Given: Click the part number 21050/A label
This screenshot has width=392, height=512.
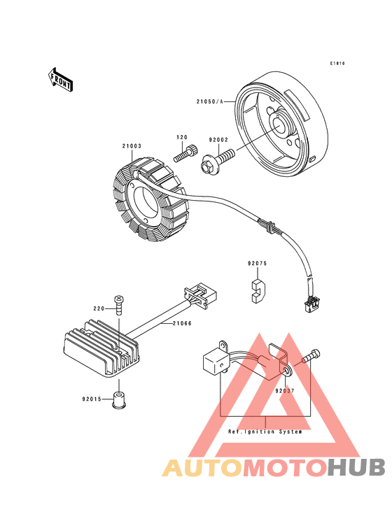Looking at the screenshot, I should click(209, 101).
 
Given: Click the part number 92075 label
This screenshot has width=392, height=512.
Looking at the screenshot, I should click(257, 264).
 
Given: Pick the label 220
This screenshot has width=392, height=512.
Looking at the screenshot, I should click(99, 308).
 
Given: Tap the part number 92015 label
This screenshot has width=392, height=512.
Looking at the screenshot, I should click(92, 399).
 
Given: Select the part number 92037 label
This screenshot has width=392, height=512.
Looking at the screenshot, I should click(285, 391).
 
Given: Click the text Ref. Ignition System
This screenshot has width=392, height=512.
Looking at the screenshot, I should click(265, 432).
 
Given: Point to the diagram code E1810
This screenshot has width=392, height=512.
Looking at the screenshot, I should click(338, 64).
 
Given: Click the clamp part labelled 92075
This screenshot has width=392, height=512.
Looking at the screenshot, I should click(258, 290).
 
